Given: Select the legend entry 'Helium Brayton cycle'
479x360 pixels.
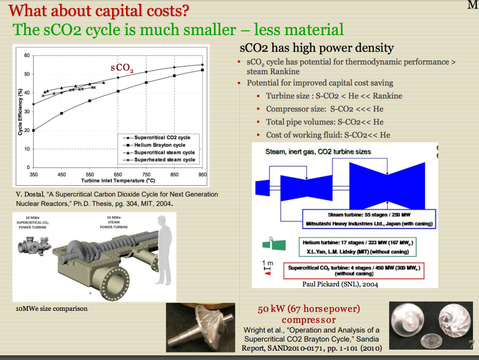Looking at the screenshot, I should tap(159, 145).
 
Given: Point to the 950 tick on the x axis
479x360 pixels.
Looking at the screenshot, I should tap(203, 174).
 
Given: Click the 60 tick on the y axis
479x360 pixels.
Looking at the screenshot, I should tap(27, 55).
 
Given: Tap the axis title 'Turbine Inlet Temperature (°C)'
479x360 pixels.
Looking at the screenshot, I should tap(117, 181).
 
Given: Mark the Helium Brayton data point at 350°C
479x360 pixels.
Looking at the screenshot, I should tap(34, 130).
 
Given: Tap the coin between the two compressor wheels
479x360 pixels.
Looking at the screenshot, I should tap(428, 338).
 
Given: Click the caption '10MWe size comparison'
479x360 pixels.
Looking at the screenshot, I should tap(51, 309).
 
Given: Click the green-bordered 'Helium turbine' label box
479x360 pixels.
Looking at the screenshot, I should tap(358, 247).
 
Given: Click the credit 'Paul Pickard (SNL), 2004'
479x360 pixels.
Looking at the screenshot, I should tap(340, 284).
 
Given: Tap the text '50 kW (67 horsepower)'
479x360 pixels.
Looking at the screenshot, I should tap(309, 309).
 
